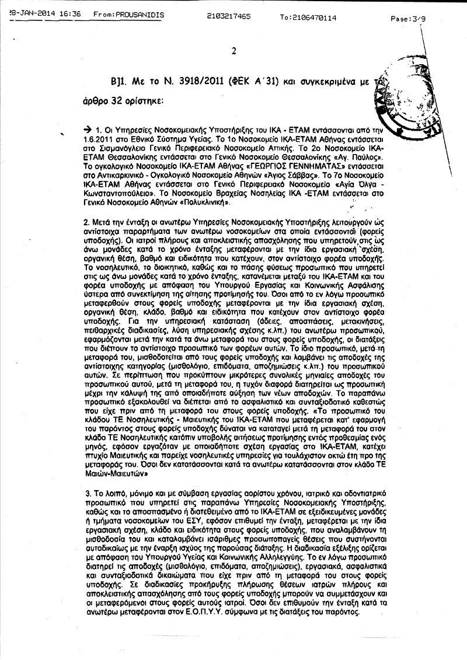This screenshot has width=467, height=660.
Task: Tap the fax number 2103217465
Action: point(229,17)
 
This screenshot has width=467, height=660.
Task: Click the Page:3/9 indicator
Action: point(409,18)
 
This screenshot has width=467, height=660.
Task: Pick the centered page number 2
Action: point(233,51)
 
